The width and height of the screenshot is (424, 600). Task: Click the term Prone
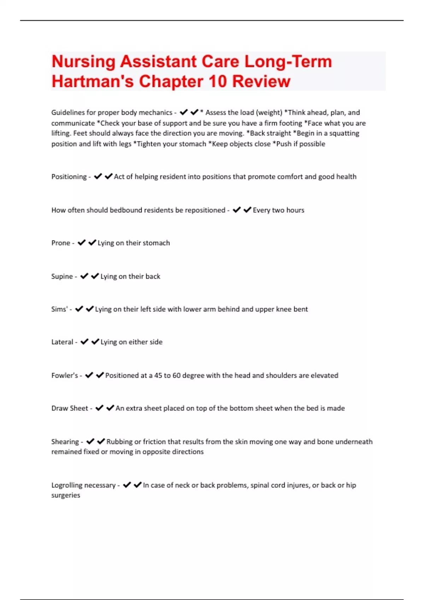coord(61,243)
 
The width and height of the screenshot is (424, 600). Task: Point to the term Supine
coord(62,276)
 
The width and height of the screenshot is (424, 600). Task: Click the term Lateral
coord(62,342)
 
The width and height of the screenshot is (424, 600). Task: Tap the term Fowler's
coord(65,375)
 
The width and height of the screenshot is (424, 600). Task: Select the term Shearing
coord(65,442)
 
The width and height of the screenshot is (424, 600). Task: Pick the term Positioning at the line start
coord(69,176)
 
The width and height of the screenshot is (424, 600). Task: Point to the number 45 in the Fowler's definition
coord(158,375)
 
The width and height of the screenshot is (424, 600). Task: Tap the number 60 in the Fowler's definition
coord(176,375)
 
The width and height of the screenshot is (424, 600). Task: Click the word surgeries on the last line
coord(66,495)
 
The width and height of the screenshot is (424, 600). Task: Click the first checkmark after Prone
coord(82,242)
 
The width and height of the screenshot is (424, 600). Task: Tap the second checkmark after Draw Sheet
coord(110,408)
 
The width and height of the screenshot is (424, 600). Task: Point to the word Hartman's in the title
coord(93,82)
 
